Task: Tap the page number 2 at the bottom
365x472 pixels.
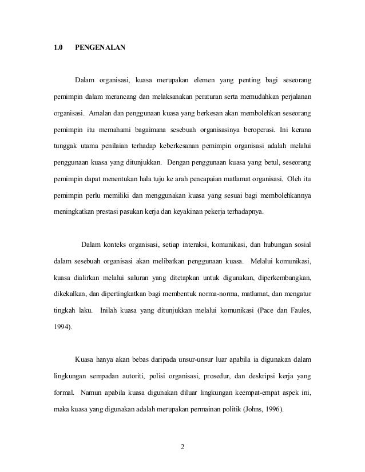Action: pos(182,446)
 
